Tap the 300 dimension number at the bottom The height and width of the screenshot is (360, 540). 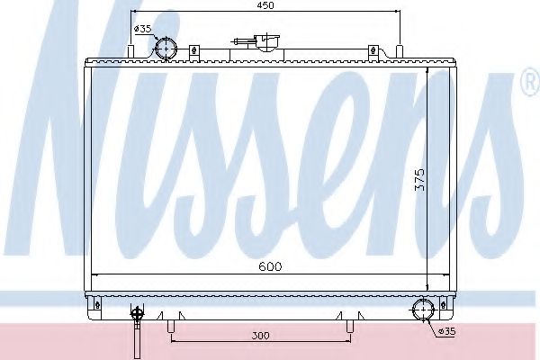pyautogui.click(x=260, y=336)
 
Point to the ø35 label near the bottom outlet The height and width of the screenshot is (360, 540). pyautogui.click(x=449, y=332)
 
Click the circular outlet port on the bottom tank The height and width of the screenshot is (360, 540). pyautogui.click(x=421, y=312)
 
